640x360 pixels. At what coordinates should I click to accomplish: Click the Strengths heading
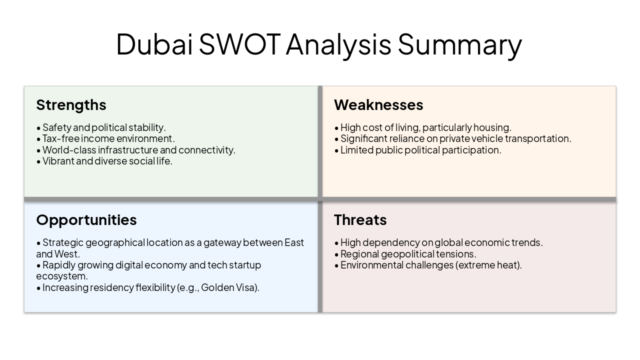71,105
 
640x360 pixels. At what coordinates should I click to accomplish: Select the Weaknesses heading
378,105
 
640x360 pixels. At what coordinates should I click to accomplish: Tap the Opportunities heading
86,220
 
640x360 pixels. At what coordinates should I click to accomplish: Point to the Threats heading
360,220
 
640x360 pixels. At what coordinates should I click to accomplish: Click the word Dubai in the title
154,44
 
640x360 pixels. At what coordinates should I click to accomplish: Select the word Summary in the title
459,44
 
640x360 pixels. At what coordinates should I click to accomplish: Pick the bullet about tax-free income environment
108,138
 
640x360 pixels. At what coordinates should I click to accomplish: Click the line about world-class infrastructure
138,150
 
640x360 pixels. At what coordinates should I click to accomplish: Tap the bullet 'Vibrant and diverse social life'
107,161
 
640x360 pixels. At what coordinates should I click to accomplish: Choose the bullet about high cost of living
425,127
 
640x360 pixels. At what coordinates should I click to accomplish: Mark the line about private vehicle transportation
455,138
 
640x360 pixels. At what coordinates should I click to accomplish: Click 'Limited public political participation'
420,150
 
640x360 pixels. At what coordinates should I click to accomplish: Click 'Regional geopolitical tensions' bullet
407,253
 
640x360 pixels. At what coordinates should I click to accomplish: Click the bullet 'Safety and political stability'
103,127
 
